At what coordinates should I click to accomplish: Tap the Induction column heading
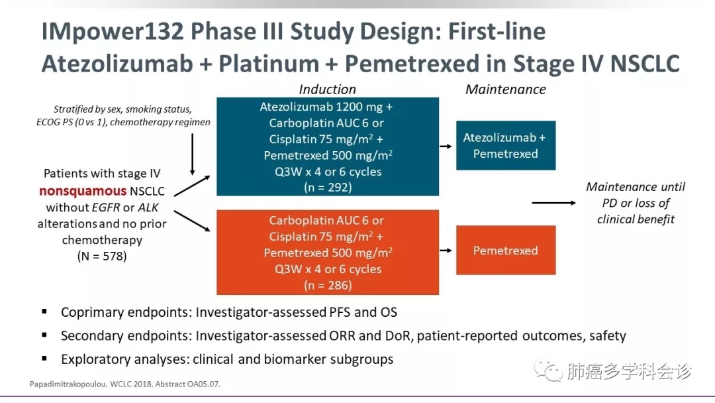click(327, 89)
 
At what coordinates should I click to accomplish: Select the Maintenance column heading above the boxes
click(506, 89)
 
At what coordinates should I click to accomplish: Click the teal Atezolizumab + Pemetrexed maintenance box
click(505, 145)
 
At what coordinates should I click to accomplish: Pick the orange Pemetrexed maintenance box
click(505, 251)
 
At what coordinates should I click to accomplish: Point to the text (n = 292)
click(328, 188)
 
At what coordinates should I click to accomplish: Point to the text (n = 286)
click(328, 286)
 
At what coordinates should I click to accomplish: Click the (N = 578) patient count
click(101, 256)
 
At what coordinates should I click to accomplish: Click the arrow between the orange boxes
click(448, 251)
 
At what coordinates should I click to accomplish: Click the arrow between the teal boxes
click(448, 146)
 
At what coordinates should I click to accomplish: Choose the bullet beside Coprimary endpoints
click(44, 311)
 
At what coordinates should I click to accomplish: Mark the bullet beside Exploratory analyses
click(44, 359)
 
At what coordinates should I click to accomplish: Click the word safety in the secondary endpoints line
click(606, 336)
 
